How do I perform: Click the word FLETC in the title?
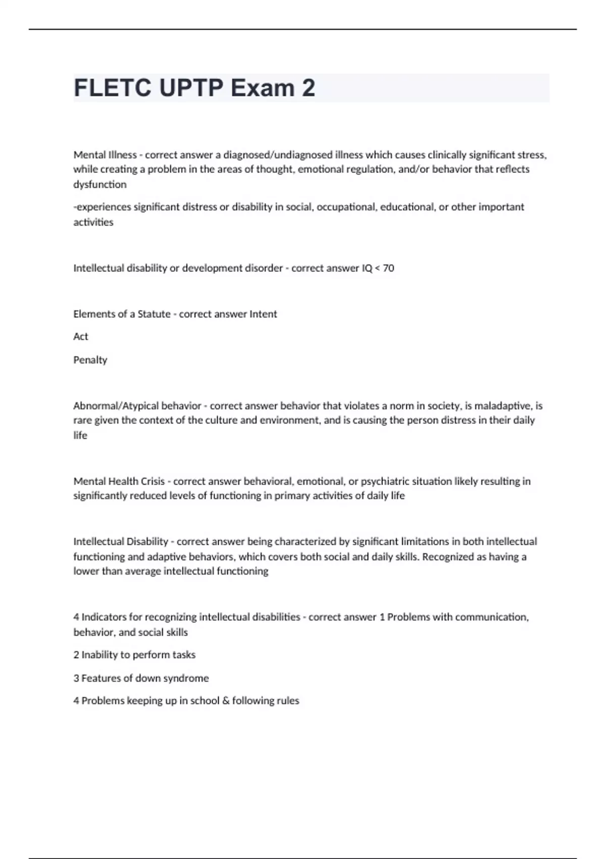[112, 88]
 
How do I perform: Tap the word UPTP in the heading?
[191, 88]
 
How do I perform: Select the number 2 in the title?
[309, 88]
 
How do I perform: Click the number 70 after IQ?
[388, 268]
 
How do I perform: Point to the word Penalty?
[90, 360]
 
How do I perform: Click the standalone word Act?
[81, 337]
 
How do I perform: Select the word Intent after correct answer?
[263, 314]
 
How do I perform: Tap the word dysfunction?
[100, 184]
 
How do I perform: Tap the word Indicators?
[104, 617]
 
